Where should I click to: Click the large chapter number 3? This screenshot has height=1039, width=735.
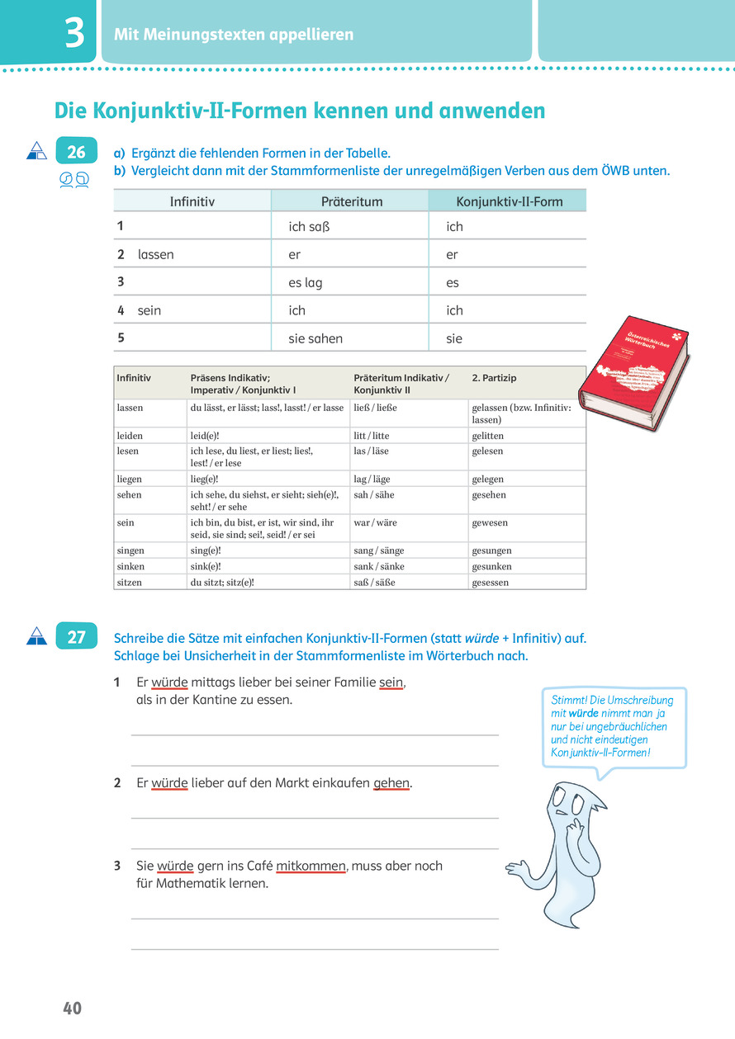tap(74, 35)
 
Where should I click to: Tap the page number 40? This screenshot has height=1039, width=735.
tap(72, 1008)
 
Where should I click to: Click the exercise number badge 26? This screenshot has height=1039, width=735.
tap(76, 152)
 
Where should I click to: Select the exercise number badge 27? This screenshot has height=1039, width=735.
tap(76, 637)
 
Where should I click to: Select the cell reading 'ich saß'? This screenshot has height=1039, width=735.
tap(308, 227)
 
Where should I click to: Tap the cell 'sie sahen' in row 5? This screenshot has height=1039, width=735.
tap(315, 338)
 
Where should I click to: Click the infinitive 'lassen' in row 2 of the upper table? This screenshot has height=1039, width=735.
tap(156, 255)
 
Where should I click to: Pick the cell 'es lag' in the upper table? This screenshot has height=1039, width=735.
tap(306, 282)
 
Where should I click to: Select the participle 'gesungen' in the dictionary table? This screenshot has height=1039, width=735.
tap(491, 550)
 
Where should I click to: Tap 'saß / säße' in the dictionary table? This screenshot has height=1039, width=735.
tap(374, 582)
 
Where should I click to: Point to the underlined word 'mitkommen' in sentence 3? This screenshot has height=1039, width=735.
tap(311, 866)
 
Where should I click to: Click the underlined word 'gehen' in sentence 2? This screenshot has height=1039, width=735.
tap(392, 783)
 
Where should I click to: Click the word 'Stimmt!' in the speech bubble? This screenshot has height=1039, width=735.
tap(569, 701)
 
